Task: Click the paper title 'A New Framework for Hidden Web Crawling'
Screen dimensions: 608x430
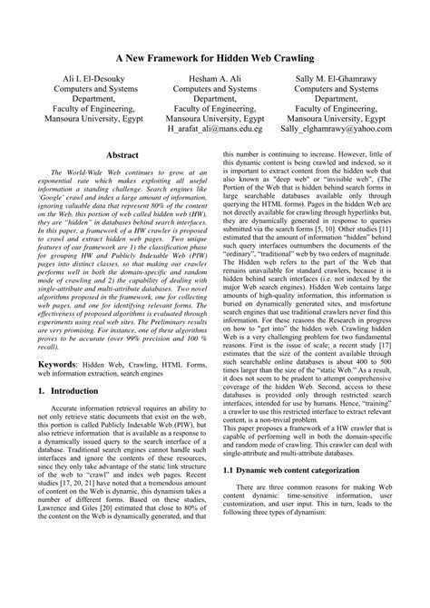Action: tap(215, 57)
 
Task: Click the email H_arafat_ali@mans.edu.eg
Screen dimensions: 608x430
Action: tap(215, 129)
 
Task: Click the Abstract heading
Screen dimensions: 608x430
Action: tap(122, 156)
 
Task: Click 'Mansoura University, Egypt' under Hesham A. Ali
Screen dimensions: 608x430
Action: tap(215, 117)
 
